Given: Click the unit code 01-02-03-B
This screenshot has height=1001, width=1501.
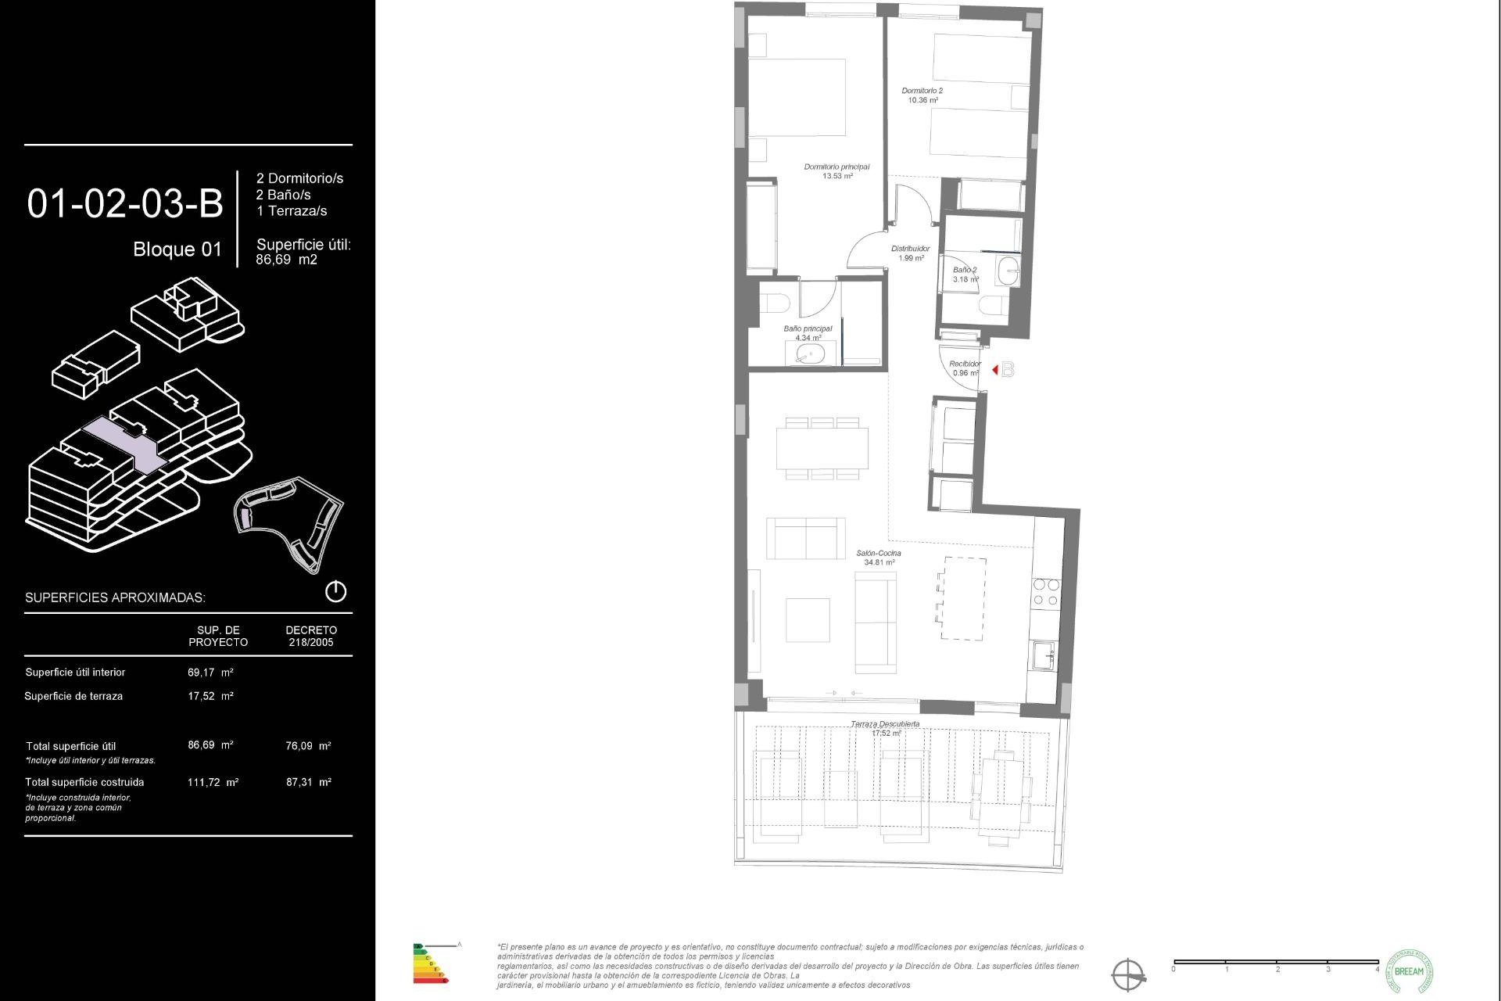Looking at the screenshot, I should pyautogui.click(x=125, y=204).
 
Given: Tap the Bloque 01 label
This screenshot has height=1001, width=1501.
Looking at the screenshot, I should pyautogui.click(x=177, y=249).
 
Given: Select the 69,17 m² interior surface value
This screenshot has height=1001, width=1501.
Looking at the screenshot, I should pyautogui.click(x=210, y=673).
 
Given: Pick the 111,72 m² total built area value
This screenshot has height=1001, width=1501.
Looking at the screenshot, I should pyautogui.click(x=213, y=782).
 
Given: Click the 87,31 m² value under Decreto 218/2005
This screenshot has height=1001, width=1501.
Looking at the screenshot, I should pyautogui.click(x=309, y=782).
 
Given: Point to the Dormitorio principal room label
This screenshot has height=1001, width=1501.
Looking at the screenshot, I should pyautogui.click(x=836, y=167).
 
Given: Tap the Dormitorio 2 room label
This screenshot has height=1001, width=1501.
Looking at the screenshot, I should pyautogui.click(x=922, y=91).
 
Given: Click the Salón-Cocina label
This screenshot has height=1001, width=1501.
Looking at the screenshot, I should pyautogui.click(x=879, y=554).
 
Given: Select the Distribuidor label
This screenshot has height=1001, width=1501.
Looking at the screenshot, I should pyautogui.click(x=911, y=249).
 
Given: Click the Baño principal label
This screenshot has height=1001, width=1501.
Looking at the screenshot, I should pyautogui.click(x=808, y=329).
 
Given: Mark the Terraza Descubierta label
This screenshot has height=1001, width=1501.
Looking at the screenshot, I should pyautogui.click(x=885, y=725).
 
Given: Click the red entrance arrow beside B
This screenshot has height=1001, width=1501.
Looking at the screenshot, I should pyautogui.click(x=994, y=370).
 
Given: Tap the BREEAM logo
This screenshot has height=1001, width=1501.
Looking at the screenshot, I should pyautogui.click(x=1409, y=971).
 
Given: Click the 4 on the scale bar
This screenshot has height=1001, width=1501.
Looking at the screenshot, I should pyautogui.click(x=1377, y=970).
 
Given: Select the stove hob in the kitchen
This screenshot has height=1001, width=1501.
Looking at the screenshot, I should pyautogui.click(x=1045, y=592).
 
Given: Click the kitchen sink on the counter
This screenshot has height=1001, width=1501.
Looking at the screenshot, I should pyautogui.click(x=1043, y=655).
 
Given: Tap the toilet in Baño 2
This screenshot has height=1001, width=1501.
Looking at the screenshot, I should pyautogui.click(x=991, y=305).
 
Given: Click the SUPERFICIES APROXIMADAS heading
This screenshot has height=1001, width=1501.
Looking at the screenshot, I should pyautogui.click(x=115, y=598).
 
